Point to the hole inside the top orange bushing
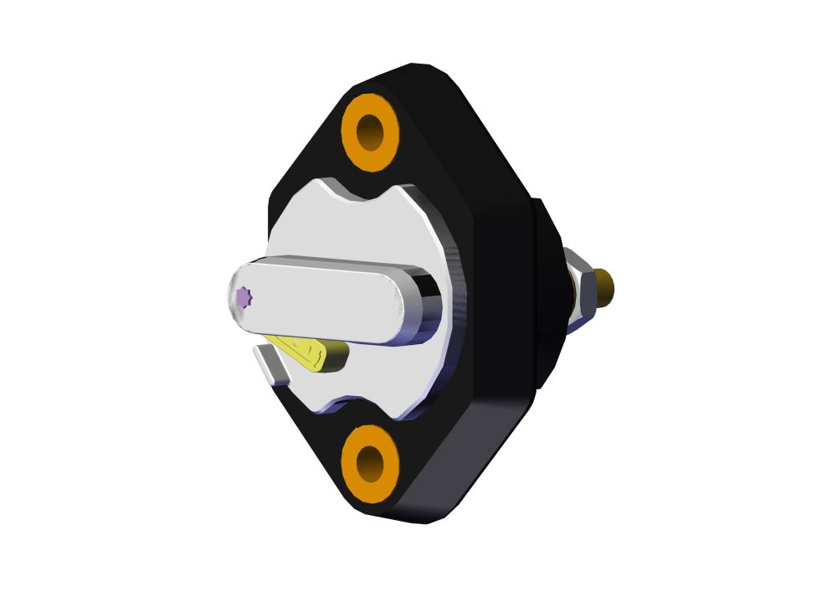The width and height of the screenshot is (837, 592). (370, 132)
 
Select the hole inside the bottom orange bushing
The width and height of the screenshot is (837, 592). (370, 463)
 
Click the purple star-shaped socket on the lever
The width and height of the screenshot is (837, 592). (243, 296)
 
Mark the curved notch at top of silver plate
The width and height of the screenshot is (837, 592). (368, 194)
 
